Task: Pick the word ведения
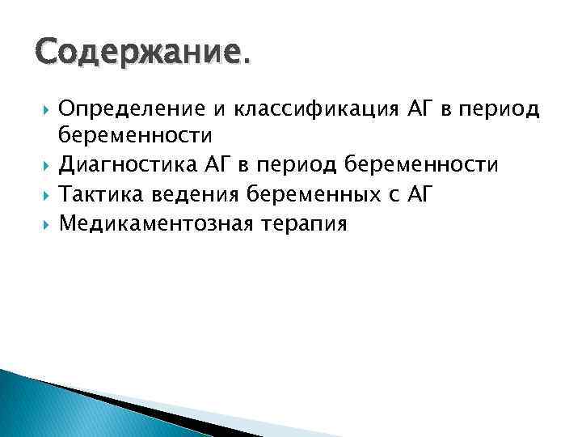(x=188, y=195)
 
